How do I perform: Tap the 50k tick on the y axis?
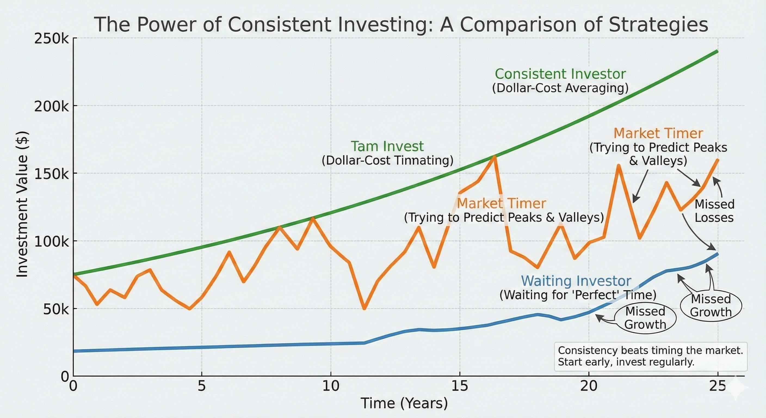[55, 309]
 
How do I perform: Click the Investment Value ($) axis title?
[23, 205]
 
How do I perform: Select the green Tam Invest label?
[387, 146]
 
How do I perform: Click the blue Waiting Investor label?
[576, 281]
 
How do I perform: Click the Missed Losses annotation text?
[714, 211]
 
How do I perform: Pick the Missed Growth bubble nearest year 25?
[711, 306]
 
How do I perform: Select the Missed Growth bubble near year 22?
[645, 318]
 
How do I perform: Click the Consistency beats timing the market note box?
[650, 357]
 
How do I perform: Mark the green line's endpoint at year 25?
[717, 51]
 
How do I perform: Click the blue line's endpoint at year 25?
[718, 254]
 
